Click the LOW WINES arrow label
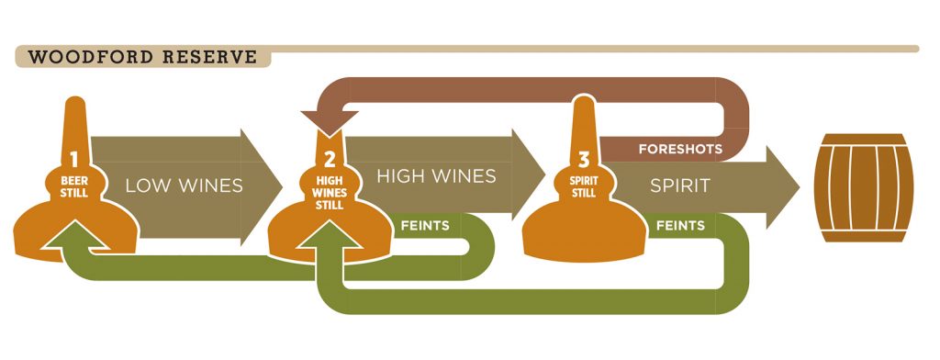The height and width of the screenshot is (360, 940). (184, 186)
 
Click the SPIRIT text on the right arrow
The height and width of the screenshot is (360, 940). (680, 186)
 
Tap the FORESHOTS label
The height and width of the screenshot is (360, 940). (680, 148)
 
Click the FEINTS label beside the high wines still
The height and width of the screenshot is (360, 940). (424, 224)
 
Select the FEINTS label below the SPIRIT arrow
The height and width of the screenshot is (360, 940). (680, 225)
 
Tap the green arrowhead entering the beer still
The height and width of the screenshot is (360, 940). (77, 237)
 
